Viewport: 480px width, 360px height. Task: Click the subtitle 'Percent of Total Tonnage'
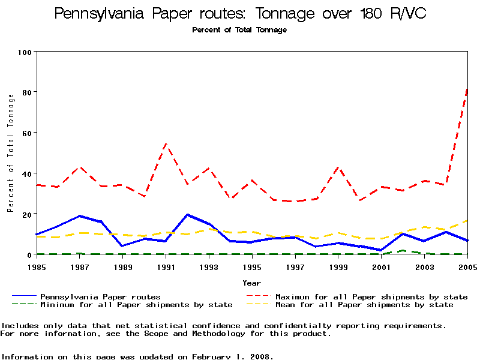[x=239, y=30]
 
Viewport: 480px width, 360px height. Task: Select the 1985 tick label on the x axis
[x=37, y=267]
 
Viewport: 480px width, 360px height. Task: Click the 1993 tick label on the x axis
[x=209, y=267]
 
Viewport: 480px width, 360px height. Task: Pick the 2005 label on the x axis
[x=467, y=267]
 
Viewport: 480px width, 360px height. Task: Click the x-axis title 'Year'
[x=251, y=283]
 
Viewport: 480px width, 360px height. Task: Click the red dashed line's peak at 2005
[x=467, y=89]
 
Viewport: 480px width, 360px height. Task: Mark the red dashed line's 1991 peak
[x=166, y=143]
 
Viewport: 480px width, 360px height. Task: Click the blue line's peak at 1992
[x=188, y=214]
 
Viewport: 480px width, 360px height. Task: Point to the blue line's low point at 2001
[x=381, y=250]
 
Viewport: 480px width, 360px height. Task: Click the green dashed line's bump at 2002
[x=403, y=250]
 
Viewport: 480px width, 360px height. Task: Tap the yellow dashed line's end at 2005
[x=467, y=220]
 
